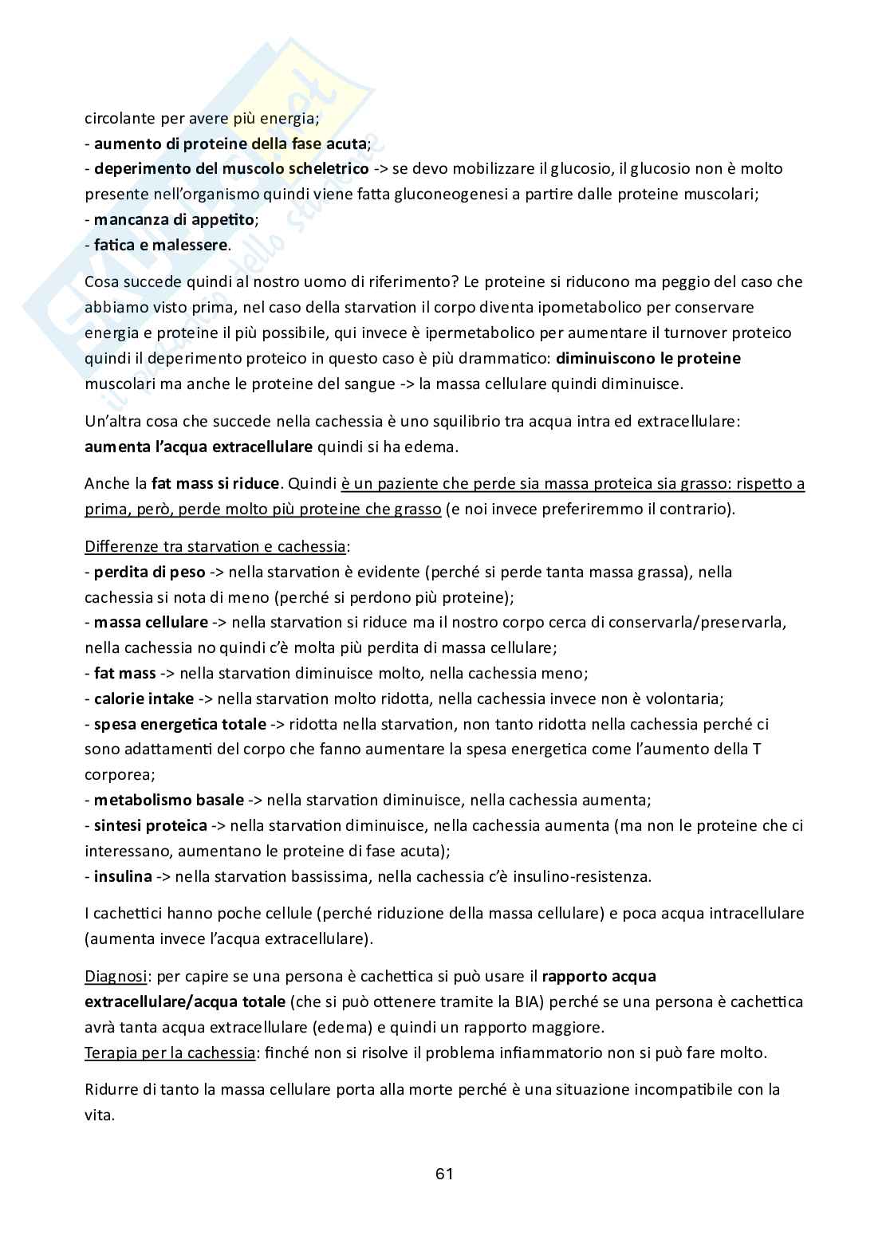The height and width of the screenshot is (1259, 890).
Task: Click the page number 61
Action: (444, 1174)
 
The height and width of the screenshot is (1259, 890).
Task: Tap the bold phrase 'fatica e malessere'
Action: (161, 245)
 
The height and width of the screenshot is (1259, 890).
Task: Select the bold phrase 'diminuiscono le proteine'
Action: (648, 358)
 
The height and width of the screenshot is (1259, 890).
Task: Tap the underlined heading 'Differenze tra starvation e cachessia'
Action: (215, 546)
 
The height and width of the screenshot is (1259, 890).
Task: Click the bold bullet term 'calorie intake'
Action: (144, 698)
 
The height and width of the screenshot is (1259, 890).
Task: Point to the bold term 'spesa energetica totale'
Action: (180, 724)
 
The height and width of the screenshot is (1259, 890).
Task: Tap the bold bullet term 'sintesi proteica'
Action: (151, 825)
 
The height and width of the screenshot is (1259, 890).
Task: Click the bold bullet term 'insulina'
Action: (123, 876)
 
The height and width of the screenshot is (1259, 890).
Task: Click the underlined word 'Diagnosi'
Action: (115, 976)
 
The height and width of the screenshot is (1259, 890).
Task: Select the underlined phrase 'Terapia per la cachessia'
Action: (169, 1052)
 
